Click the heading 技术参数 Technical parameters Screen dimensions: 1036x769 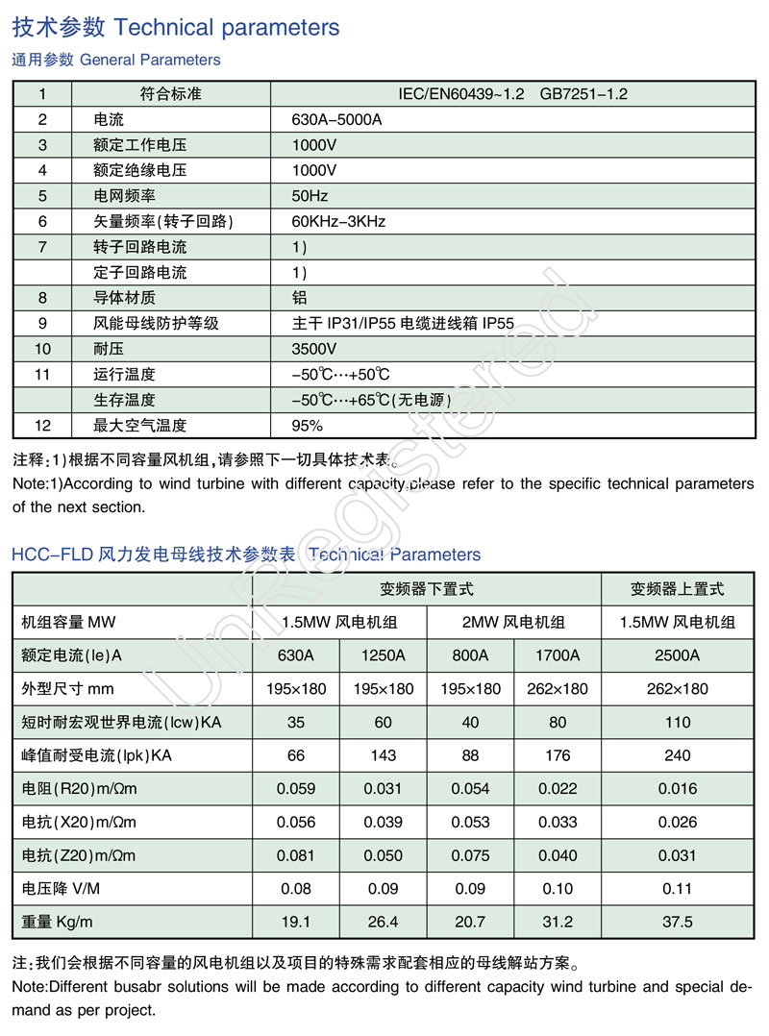click(x=176, y=27)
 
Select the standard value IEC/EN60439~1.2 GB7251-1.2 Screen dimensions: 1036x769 click(x=513, y=94)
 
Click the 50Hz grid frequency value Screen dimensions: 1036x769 click(x=310, y=196)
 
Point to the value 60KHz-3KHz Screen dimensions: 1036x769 click(x=338, y=221)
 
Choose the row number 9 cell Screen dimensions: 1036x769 click(x=42, y=323)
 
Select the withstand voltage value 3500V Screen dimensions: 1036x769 click(x=314, y=349)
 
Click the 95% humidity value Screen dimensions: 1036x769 click(x=308, y=425)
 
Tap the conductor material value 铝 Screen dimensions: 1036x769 click(x=299, y=298)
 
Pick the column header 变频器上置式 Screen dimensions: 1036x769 click(x=677, y=588)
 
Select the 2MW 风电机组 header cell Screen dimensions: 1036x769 click(x=513, y=622)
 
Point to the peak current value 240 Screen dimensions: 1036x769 click(x=677, y=756)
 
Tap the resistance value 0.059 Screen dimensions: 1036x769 click(x=296, y=789)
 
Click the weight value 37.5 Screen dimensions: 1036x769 click(x=677, y=922)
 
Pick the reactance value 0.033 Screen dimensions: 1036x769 click(x=558, y=822)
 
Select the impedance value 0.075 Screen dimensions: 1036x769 click(x=470, y=855)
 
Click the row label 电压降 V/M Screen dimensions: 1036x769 click(x=60, y=889)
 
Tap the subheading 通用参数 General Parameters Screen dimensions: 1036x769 click(x=116, y=60)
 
